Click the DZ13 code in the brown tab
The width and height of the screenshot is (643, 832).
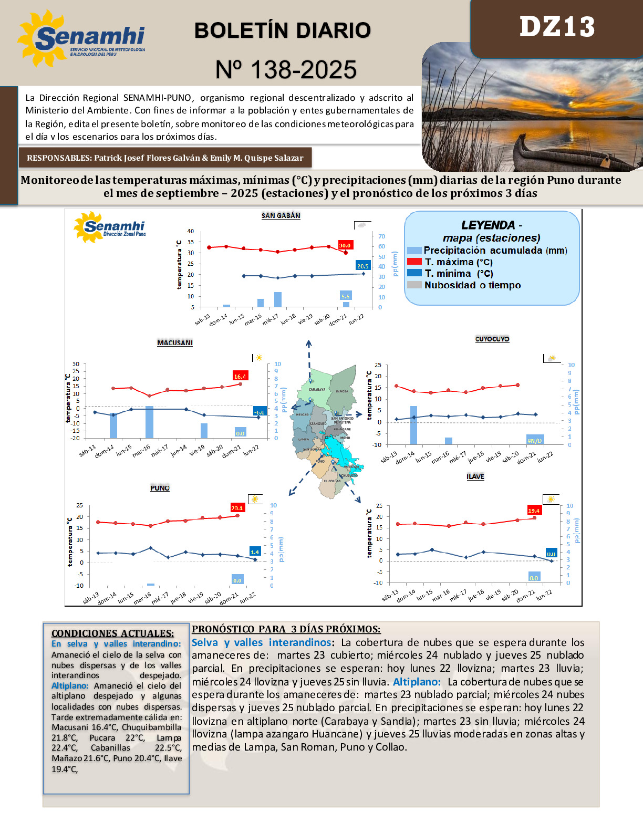[557, 27]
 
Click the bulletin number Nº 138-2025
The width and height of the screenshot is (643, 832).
[286, 70]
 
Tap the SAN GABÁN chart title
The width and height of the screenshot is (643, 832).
[281, 216]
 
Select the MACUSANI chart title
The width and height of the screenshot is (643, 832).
[175, 343]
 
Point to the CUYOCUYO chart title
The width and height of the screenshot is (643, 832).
[492, 339]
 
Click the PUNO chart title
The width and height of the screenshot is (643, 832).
[160, 488]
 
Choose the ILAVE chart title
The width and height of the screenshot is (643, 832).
[475, 477]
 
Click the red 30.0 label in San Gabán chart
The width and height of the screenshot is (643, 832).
[345, 245]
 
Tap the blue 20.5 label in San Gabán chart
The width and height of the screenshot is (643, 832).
[363, 266]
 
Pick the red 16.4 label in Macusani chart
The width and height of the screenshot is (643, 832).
[240, 376]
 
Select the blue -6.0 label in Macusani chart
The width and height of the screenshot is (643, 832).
[260, 412]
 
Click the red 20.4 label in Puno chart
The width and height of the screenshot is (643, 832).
[237, 508]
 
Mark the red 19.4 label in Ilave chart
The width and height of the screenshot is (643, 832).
[534, 511]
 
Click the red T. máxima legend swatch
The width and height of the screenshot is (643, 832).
[414, 262]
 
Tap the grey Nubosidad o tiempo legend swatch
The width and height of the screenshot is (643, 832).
[414, 285]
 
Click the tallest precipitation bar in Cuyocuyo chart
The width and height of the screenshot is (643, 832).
[413, 425]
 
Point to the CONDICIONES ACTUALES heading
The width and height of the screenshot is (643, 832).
[112, 633]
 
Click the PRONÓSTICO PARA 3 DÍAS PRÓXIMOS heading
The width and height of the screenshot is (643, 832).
[286, 629]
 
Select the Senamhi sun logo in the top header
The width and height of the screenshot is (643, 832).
[42, 38]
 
